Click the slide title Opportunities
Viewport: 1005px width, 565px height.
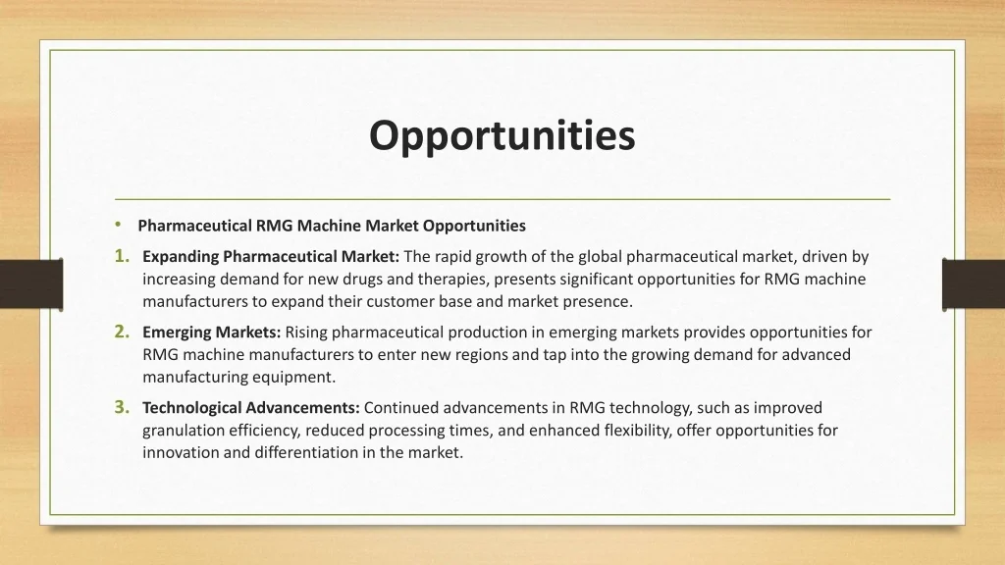(x=502, y=136)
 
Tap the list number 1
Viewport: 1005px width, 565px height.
(x=122, y=257)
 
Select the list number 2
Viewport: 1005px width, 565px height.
(x=122, y=333)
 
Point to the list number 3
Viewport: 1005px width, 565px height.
(x=122, y=407)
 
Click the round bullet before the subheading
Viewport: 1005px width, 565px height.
(x=118, y=225)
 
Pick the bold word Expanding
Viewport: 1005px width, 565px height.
(x=181, y=257)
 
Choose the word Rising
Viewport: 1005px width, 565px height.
(x=306, y=333)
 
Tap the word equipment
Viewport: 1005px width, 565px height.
(x=296, y=377)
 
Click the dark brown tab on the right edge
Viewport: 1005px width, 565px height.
(x=973, y=283)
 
